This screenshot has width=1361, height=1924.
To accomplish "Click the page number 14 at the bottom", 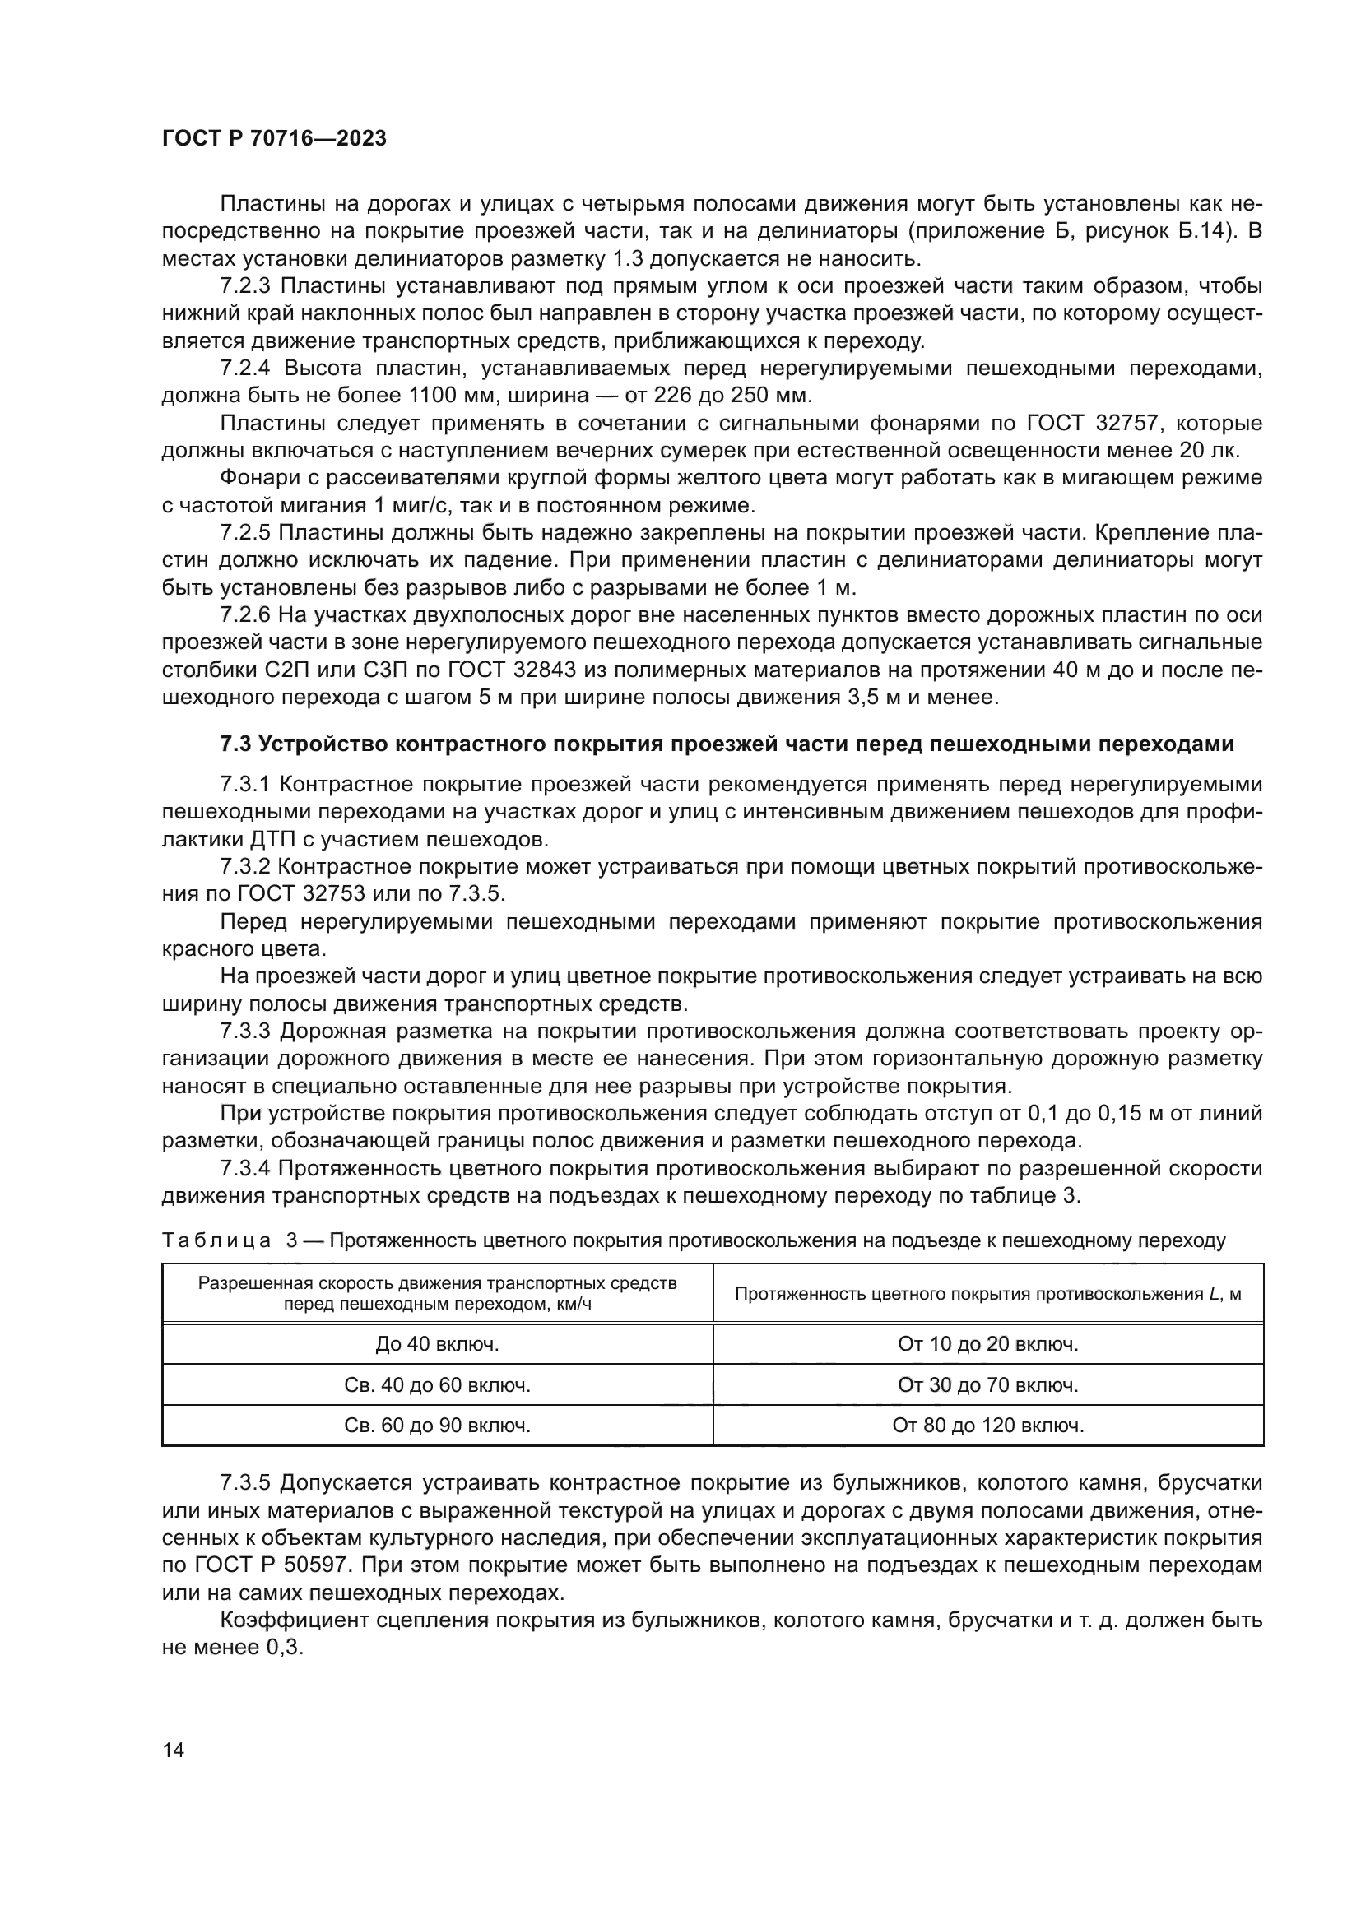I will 174,1750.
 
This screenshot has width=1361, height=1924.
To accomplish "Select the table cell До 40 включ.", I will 437,1344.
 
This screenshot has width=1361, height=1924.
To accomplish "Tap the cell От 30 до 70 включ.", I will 988,1385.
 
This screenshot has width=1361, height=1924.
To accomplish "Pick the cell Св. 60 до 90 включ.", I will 437,1426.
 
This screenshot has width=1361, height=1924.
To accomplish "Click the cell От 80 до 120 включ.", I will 988,1426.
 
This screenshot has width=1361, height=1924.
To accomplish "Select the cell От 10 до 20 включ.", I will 988,1344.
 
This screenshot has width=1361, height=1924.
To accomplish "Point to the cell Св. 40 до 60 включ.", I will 437,1385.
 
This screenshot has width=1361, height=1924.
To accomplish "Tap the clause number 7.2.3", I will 244,286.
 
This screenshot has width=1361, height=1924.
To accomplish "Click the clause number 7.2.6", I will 244,615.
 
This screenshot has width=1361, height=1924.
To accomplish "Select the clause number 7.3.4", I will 244,1168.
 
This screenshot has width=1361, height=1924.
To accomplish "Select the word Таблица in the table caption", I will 216,1241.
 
